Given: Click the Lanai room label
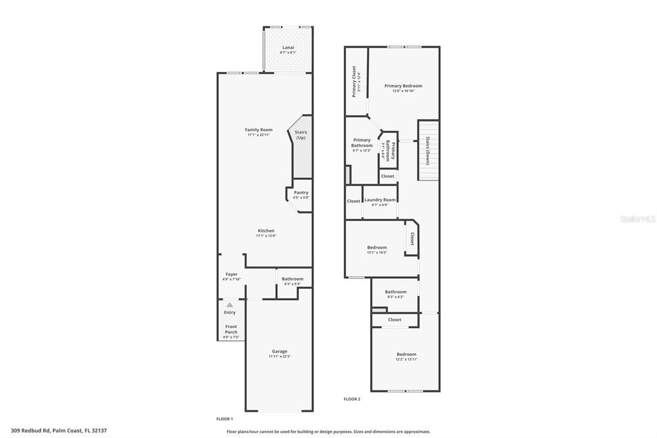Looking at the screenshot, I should pos(289,48).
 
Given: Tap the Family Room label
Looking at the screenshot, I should pos(259,130).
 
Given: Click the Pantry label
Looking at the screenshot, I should pos(301,193).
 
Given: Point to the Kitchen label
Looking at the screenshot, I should pos(266,231).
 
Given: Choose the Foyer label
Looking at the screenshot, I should pos(231,274).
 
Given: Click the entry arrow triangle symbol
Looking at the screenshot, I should pos(230,304).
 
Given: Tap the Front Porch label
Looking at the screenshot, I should pos(230,329).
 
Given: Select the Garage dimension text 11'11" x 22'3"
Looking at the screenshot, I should pos(279,356).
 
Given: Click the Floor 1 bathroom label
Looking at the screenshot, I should pos(293,279).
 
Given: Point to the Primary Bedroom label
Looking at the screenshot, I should pos(403,86).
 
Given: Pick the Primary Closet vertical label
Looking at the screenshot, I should pos(354,82).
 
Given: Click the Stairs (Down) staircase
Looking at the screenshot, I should pos(428,151).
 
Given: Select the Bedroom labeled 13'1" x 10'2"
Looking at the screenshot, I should pos(377,248).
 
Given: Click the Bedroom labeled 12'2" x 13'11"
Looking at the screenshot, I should pos(406,355).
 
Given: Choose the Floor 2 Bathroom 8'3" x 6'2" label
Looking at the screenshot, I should pos(395,292).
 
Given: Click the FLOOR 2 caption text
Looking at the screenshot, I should pos(352,399).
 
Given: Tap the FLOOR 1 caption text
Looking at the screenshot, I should pos(225,418).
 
